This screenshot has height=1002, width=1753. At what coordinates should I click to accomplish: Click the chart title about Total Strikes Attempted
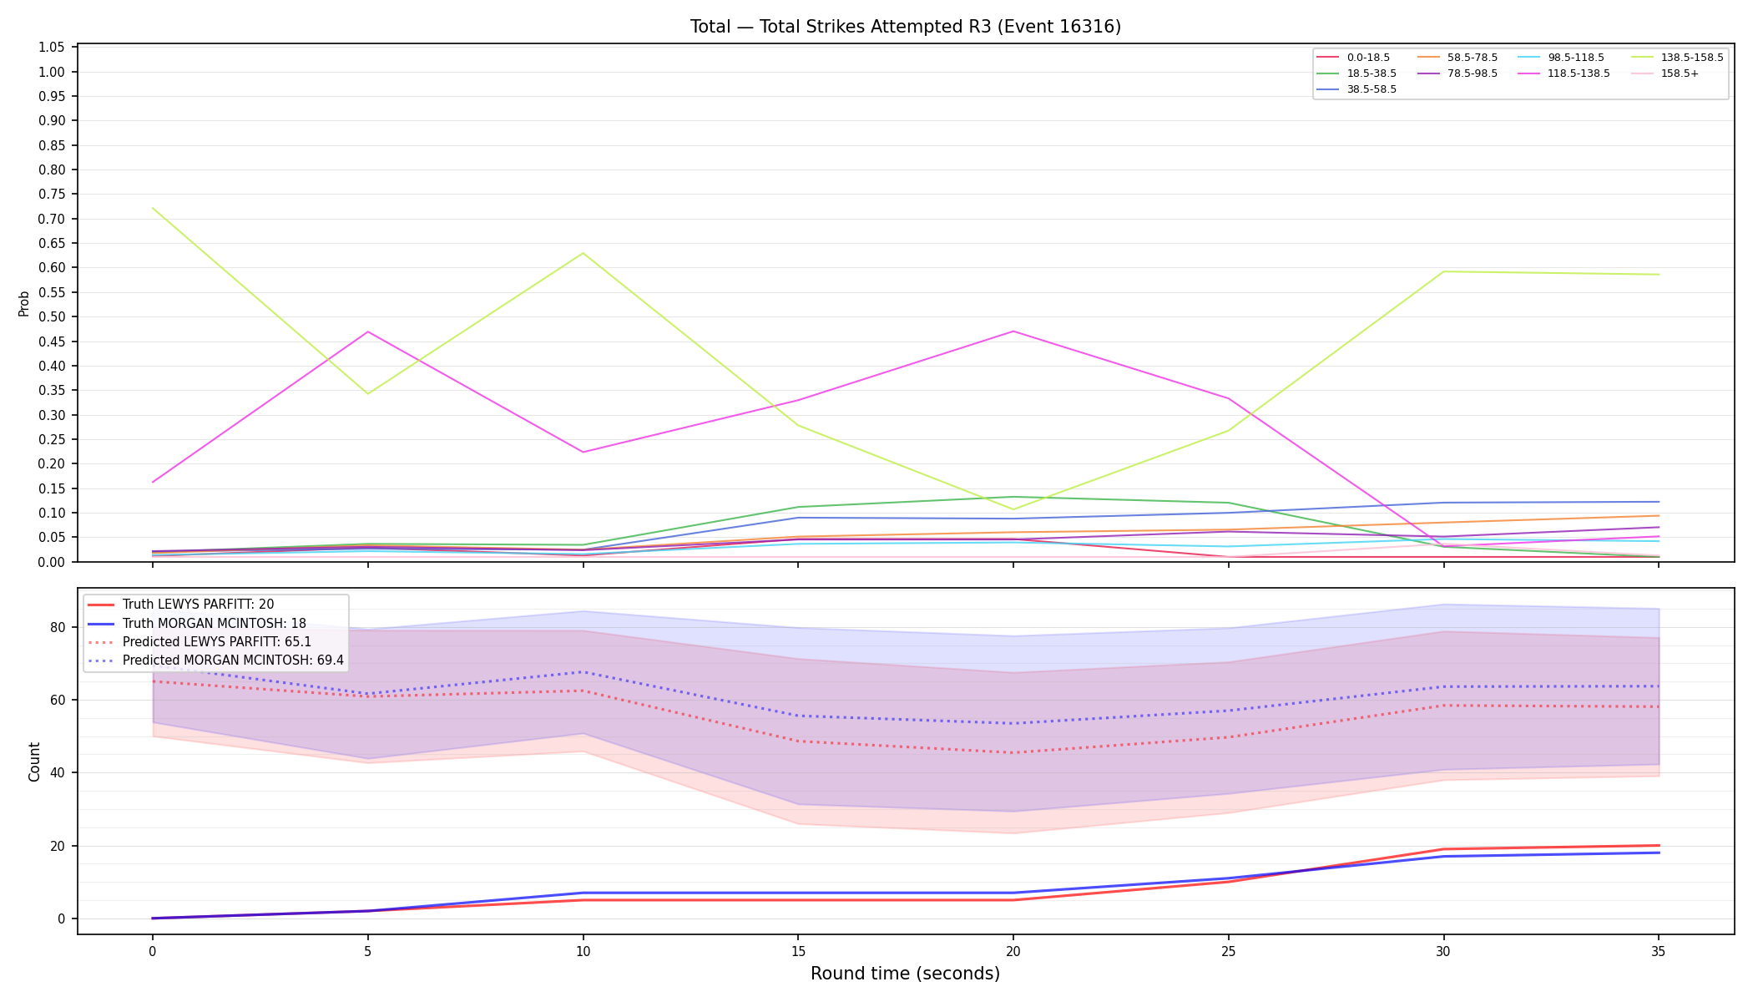(x=905, y=27)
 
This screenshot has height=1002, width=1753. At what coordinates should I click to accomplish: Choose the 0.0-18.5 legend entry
(x=1353, y=58)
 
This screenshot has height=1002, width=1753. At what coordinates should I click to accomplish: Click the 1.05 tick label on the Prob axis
(x=52, y=47)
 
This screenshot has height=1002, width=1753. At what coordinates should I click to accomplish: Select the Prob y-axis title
(x=23, y=303)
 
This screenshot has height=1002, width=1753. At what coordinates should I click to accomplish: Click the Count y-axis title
(x=34, y=762)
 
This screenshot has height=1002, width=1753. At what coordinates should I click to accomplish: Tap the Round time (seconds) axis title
(x=905, y=974)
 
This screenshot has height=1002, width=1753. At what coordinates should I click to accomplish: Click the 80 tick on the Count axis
(x=58, y=627)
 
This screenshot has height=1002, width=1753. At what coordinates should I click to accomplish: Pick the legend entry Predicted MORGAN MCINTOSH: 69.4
(x=215, y=660)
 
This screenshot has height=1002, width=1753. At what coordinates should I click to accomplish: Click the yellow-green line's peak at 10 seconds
(x=583, y=253)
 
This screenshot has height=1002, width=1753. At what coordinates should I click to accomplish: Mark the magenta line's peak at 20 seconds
(x=1013, y=331)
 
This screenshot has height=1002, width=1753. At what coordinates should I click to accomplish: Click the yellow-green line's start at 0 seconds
(x=153, y=209)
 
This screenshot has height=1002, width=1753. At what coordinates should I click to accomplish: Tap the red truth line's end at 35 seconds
(x=1659, y=845)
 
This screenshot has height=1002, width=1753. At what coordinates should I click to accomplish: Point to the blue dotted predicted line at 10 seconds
(x=583, y=671)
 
